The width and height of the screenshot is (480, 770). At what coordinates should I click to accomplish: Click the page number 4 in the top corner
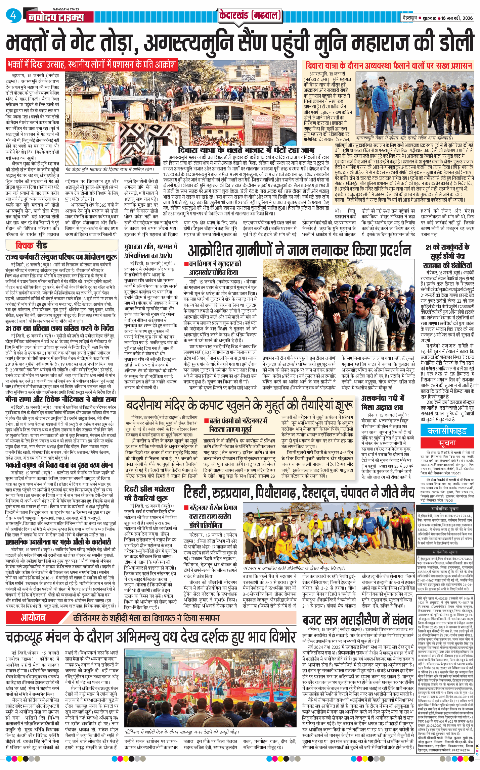(x=13, y=15)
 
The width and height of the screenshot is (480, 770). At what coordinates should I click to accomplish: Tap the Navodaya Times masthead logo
(x=56, y=17)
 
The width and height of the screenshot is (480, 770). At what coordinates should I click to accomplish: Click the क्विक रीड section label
(x=32, y=246)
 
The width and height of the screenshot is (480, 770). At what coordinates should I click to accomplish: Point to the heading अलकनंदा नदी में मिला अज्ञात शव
(x=383, y=403)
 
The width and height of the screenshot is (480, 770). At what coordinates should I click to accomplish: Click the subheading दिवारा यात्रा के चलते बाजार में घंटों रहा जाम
(x=246, y=150)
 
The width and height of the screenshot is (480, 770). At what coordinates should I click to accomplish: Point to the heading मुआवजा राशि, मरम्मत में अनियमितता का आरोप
(x=150, y=251)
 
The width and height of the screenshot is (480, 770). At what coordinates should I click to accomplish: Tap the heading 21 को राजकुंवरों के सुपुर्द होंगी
(x=447, y=256)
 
